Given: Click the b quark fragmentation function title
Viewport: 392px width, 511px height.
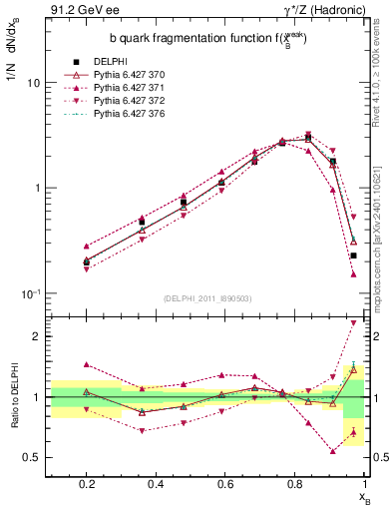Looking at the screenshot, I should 207,38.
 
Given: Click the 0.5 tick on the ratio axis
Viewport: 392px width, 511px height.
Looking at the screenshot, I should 32,457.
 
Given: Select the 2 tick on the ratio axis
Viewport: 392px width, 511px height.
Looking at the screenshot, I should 36,336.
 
